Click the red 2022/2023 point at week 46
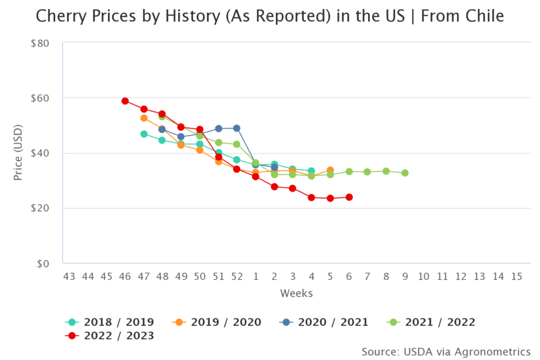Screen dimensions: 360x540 coord(125,101)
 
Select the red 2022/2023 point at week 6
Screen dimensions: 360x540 coord(349,197)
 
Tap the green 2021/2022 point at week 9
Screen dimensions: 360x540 coord(405,173)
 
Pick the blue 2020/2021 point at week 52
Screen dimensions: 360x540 coord(237,128)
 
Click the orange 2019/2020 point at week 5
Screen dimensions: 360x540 coord(330,170)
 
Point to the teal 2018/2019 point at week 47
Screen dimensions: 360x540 coord(143,134)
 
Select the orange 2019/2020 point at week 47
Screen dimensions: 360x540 coord(143,118)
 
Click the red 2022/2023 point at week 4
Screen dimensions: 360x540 coord(312,198)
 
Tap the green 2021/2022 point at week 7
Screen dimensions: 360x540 coord(368,172)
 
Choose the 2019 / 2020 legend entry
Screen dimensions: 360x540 coord(217,322)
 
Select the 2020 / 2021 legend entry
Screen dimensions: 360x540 coord(324,322)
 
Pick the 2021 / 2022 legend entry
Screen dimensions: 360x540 coord(431,322)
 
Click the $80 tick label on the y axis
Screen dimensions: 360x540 coord(40,43)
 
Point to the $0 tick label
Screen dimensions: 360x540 coord(43,264)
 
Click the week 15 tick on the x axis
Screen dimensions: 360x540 coord(517,276)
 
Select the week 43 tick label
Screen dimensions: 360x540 coord(69,276)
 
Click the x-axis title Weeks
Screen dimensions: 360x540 coord(296,294)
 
